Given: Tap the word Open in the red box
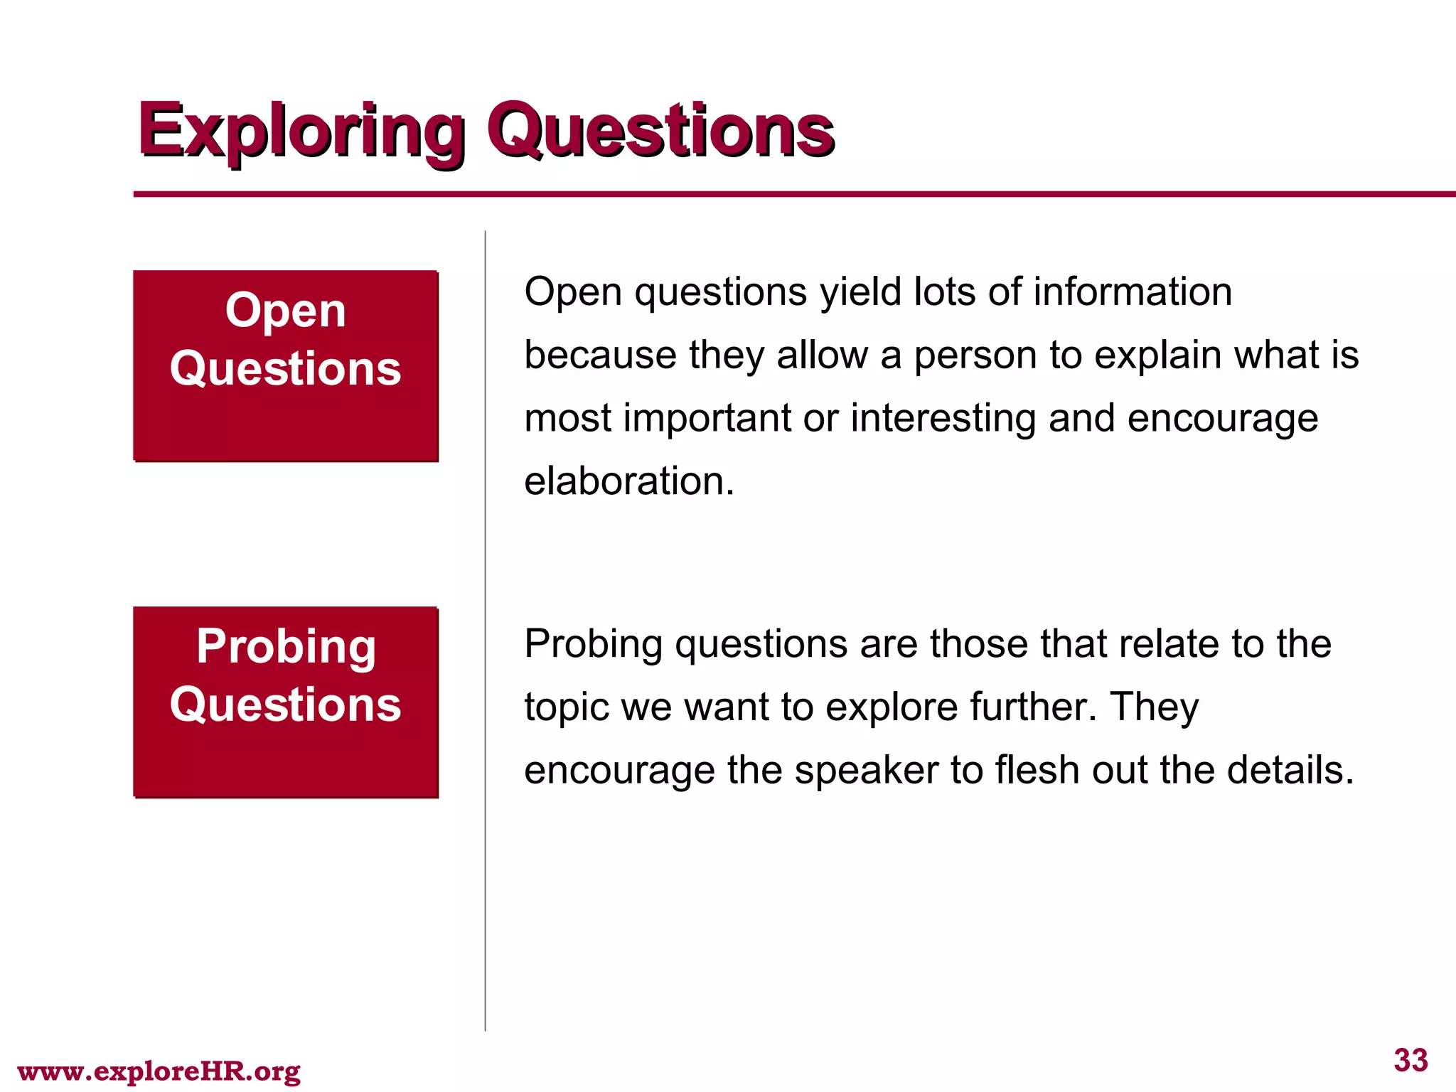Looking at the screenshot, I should (x=285, y=311).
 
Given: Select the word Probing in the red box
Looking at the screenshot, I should (x=285, y=647).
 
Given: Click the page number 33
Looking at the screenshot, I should (x=1410, y=1060).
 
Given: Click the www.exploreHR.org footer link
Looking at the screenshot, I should (x=159, y=1071).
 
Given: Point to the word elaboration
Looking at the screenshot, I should (x=628, y=481).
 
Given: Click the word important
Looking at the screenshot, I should (x=707, y=418).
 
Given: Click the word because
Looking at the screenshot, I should (x=600, y=355).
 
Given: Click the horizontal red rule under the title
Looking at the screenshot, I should (x=782, y=193).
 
